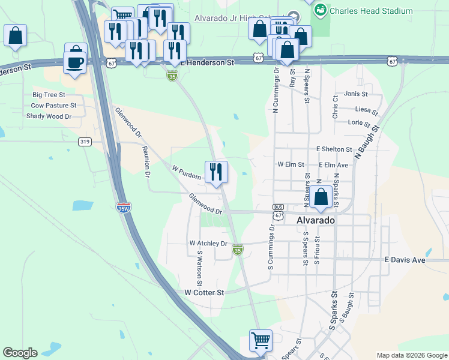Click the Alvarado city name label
(315, 220)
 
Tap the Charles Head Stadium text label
(371, 11)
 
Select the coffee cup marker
(75, 62)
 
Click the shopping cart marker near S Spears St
(261, 340)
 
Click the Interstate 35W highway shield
(123, 208)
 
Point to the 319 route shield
(85, 142)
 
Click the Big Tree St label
(49, 95)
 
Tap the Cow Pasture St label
(53, 106)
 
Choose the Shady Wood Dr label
(49, 116)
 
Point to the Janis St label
(356, 94)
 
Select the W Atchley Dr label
(208, 244)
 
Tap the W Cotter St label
(204, 292)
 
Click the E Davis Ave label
(405, 260)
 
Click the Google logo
(20, 353)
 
